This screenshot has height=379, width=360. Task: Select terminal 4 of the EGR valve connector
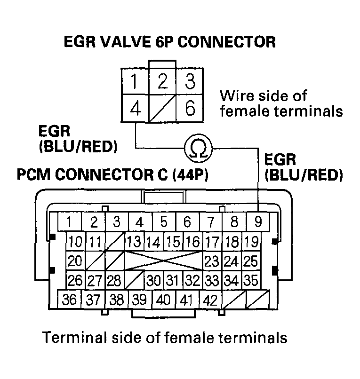[x=135, y=110]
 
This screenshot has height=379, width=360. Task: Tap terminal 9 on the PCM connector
[x=258, y=221]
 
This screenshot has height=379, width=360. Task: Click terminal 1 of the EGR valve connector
[x=135, y=82]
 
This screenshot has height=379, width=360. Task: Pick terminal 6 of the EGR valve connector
[x=190, y=110]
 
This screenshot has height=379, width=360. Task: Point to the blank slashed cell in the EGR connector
[x=162, y=110]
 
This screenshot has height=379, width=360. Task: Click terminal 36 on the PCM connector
[x=70, y=300]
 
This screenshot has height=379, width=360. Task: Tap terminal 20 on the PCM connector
[x=75, y=260]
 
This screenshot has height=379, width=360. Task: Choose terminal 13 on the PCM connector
[x=134, y=242]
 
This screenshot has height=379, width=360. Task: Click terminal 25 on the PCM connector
[x=251, y=260]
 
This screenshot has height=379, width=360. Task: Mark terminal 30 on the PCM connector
[x=154, y=280]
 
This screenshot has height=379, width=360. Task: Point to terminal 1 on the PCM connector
[x=69, y=221]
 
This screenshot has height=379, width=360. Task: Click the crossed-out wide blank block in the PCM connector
[x=163, y=260]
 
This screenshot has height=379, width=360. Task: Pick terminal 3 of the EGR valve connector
[x=190, y=82]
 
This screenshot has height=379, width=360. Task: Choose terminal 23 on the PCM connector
[x=212, y=260]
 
